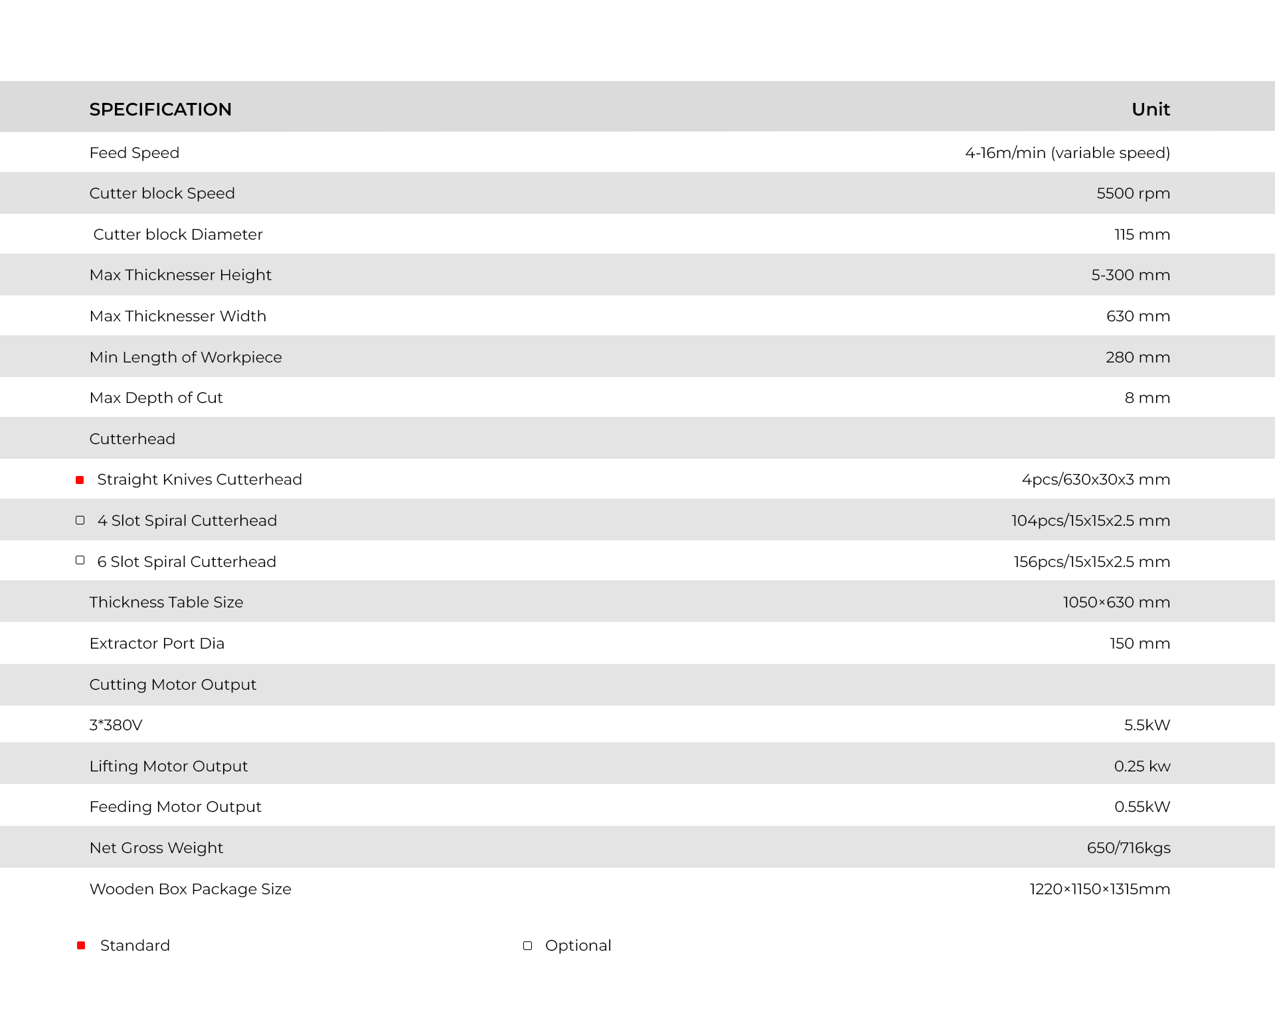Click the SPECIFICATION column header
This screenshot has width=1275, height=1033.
pos(160,110)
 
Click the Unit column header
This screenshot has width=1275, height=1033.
pos(1150,110)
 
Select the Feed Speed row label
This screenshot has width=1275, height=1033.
pos(134,153)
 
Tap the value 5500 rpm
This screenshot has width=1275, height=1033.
pos(1133,193)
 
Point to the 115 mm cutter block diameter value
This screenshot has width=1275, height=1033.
pos(1142,234)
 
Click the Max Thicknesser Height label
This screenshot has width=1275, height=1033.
pos(180,275)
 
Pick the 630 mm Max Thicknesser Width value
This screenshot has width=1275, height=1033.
pos(1138,316)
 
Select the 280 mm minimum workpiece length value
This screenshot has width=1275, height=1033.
pos(1138,357)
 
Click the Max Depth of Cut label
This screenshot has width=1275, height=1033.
pos(156,398)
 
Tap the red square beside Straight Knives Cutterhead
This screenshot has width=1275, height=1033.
pos(80,480)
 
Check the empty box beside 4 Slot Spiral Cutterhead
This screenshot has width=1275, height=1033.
pos(80,520)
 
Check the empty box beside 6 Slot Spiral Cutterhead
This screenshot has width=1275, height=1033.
pos(80,561)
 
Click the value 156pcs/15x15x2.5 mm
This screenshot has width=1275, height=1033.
pos(1091,562)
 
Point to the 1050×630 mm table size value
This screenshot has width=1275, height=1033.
pos(1116,602)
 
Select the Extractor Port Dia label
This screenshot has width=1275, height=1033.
pos(157,643)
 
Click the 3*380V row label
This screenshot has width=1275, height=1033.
pos(116,725)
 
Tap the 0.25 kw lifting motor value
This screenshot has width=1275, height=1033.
pos(1142,766)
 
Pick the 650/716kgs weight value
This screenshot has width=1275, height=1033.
pos(1128,848)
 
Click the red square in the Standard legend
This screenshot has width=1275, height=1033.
pos(81,945)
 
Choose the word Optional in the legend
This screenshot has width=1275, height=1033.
pos(578,945)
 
